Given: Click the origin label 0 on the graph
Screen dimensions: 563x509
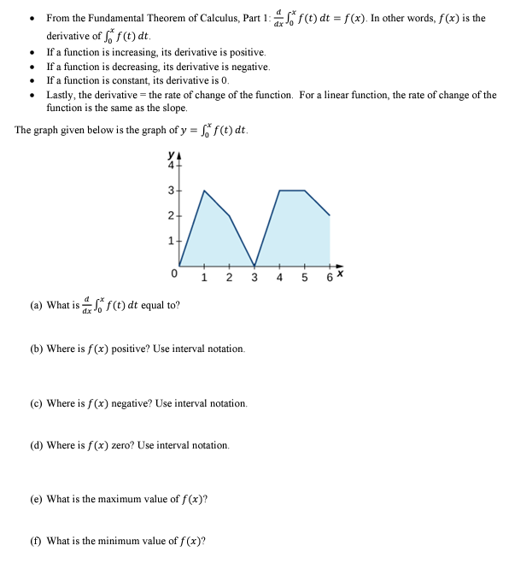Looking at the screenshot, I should (x=173, y=275).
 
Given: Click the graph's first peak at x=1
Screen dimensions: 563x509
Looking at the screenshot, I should (x=204, y=190).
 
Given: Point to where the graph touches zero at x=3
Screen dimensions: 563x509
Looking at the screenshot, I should (x=254, y=266).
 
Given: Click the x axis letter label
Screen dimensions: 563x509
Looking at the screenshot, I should (x=339, y=273).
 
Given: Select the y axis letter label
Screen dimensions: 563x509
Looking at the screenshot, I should (x=173, y=155).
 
